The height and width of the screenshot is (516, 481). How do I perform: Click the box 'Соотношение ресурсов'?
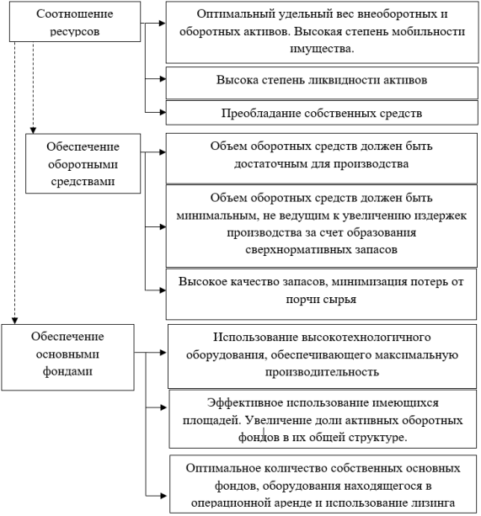(75, 21)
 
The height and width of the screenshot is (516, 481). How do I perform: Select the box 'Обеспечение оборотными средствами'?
(83, 163)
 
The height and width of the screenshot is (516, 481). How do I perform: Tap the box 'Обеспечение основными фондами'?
(68, 358)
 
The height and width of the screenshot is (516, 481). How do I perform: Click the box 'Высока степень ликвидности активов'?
(322, 83)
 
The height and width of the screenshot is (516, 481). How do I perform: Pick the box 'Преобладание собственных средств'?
(322, 113)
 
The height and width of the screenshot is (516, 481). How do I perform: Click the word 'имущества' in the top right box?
(321, 49)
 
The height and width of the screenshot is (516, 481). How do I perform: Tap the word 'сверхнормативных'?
(298, 250)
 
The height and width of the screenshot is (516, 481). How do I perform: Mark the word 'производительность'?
(322, 372)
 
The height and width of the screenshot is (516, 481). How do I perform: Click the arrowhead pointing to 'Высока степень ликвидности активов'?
(163, 78)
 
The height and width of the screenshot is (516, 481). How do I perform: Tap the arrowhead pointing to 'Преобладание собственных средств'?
(163, 112)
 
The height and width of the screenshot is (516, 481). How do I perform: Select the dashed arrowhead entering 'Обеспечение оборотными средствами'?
(33, 130)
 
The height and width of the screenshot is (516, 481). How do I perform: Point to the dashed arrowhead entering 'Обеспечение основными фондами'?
(14, 321)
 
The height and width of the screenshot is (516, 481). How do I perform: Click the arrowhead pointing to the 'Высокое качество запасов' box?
(163, 290)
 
